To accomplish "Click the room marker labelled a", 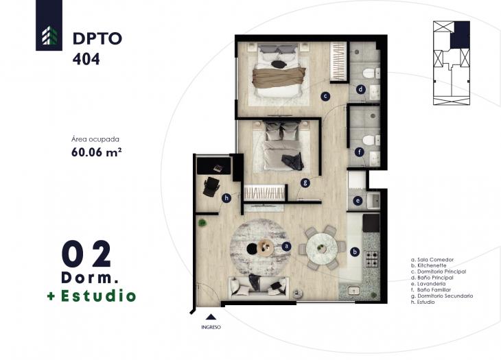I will click(287, 245).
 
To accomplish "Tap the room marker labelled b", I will click(355, 252).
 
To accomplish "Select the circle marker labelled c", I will click(325, 96).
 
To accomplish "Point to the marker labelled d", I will click(360, 88).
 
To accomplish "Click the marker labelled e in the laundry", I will click(358, 200).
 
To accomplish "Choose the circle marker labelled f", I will click(358, 152).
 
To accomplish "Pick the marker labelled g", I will click(305, 182).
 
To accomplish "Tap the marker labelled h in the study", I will click(226, 199).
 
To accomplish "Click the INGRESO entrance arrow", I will click(211, 317).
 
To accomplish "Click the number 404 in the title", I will click(86, 60).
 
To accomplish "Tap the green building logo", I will click(49, 34).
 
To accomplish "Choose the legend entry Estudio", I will click(428, 302).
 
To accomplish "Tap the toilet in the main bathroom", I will click(369, 74).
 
